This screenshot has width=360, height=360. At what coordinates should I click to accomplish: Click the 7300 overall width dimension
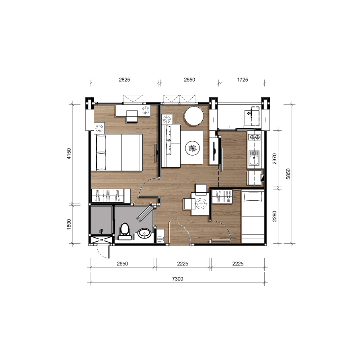pyautogui.click(x=177, y=279)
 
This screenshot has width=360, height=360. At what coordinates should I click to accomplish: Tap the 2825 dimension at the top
pyautogui.click(x=124, y=80)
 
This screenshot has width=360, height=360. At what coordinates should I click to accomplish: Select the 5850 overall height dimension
pyautogui.click(x=288, y=174)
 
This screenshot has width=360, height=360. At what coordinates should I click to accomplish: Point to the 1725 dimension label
pyautogui.click(x=243, y=80)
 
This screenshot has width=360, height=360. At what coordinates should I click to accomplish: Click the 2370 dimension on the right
pyautogui.click(x=275, y=158)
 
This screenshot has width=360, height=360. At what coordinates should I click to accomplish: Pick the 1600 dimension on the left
pyautogui.click(x=69, y=224)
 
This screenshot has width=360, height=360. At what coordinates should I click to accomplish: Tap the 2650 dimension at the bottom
pyautogui.click(x=122, y=263)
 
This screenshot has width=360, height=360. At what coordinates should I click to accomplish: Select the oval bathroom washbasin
pyautogui.click(x=144, y=233)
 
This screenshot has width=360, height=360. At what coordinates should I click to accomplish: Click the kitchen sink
pyautogui.click(x=254, y=158)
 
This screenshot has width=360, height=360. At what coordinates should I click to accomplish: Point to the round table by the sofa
pyautogui.click(x=194, y=116)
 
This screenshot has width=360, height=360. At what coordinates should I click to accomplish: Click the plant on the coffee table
pyautogui.click(x=193, y=148)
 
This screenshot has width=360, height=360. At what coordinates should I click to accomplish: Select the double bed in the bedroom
pyautogui.click(x=117, y=153)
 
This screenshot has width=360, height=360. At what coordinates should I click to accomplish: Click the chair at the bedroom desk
pyautogui.click(x=132, y=116)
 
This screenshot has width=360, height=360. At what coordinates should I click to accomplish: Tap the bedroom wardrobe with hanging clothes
pyautogui.click(x=111, y=195)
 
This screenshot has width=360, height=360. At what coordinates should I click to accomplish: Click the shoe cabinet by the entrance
pyautogui.click(x=160, y=236)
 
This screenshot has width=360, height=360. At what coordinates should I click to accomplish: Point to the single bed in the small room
pyautogui.click(x=253, y=217)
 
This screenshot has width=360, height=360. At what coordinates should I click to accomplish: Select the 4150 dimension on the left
pyautogui.click(x=69, y=154)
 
